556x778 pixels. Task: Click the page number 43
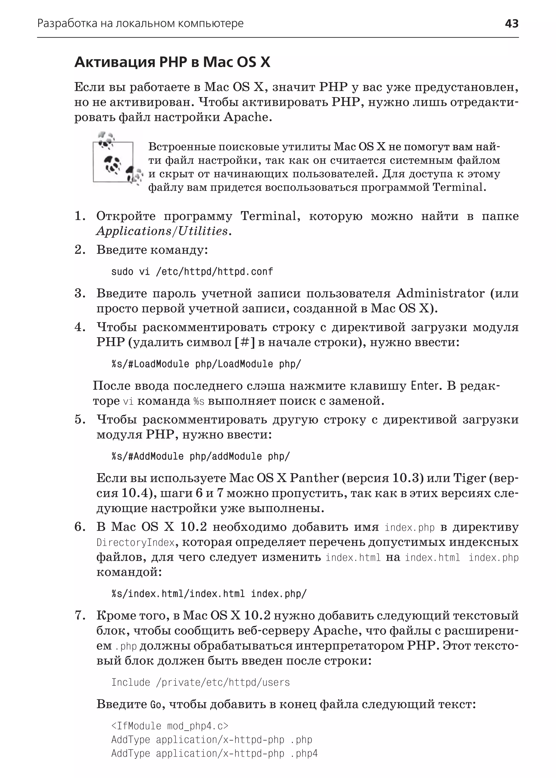pyautogui.click(x=511, y=24)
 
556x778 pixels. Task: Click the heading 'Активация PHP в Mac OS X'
pyautogui.click(x=172, y=62)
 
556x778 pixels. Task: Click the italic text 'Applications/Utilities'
pyautogui.click(x=162, y=231)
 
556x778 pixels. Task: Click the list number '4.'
pyautogui.click(x=80, y=327)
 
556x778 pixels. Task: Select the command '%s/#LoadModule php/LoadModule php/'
pyautogui.click(x=206, y=364)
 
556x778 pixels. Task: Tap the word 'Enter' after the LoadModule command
pyautogui.click(x=425, y=386)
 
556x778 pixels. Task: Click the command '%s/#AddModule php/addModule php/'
pyautogui.click(x=200, y=456)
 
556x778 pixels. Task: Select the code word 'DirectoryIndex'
pyautogui.click(x=135, y=543)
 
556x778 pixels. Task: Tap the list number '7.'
pyautogui.click(x=80, y=616)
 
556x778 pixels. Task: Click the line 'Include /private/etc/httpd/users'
pyautogui.click(x=200, y=683)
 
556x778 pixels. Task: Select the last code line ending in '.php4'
pyautogui.click(x=214, y=753)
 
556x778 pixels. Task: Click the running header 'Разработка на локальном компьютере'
pyautogui.click(x=140, y=24)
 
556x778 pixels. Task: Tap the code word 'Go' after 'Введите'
pyautogui.click(x=155, y=704)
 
